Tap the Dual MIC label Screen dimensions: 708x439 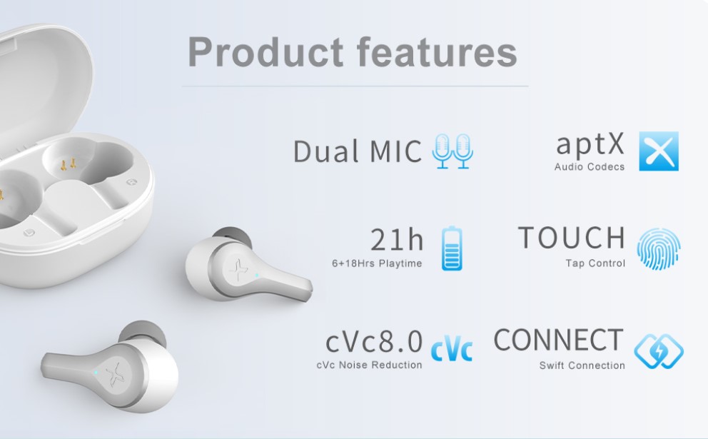pos(358,151)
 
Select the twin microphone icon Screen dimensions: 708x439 pos(452,151)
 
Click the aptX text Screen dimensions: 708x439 pos(590,144)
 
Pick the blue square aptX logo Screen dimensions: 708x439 pos(659,151)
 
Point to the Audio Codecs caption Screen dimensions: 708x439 pos(590,166)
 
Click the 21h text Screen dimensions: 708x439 pos(397,239)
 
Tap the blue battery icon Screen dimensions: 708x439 pos(452,248)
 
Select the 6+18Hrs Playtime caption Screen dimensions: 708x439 pos(377,263)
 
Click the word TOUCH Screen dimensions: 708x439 pos(572,238)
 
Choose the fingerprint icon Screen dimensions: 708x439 pos(659,249)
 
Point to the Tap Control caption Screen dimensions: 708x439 pos(595,263)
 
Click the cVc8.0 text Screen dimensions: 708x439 pos(374,341)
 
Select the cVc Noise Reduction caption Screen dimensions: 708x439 pos(370,365)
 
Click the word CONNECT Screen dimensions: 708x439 pos(559,340)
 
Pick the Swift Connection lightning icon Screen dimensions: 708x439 pos(659,351)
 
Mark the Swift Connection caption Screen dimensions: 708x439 pos(582,365)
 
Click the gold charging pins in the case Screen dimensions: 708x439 pos(69,164)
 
